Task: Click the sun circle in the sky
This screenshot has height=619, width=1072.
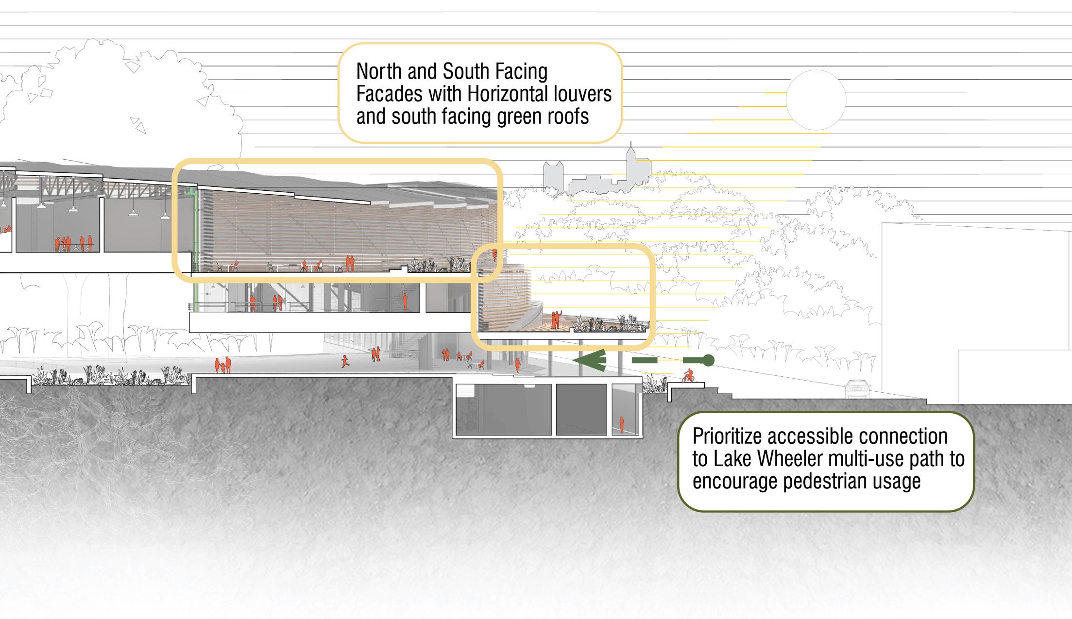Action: [816, 100]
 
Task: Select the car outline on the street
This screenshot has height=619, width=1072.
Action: [857, 389]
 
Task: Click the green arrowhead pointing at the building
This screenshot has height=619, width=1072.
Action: [590, 360]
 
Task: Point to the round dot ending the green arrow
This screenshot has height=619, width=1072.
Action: [708, 360]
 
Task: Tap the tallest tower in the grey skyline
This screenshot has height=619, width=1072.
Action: [631, 165]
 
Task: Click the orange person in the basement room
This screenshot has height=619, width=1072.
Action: [621, 424]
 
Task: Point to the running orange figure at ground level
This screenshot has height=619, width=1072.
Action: [345, 361]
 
